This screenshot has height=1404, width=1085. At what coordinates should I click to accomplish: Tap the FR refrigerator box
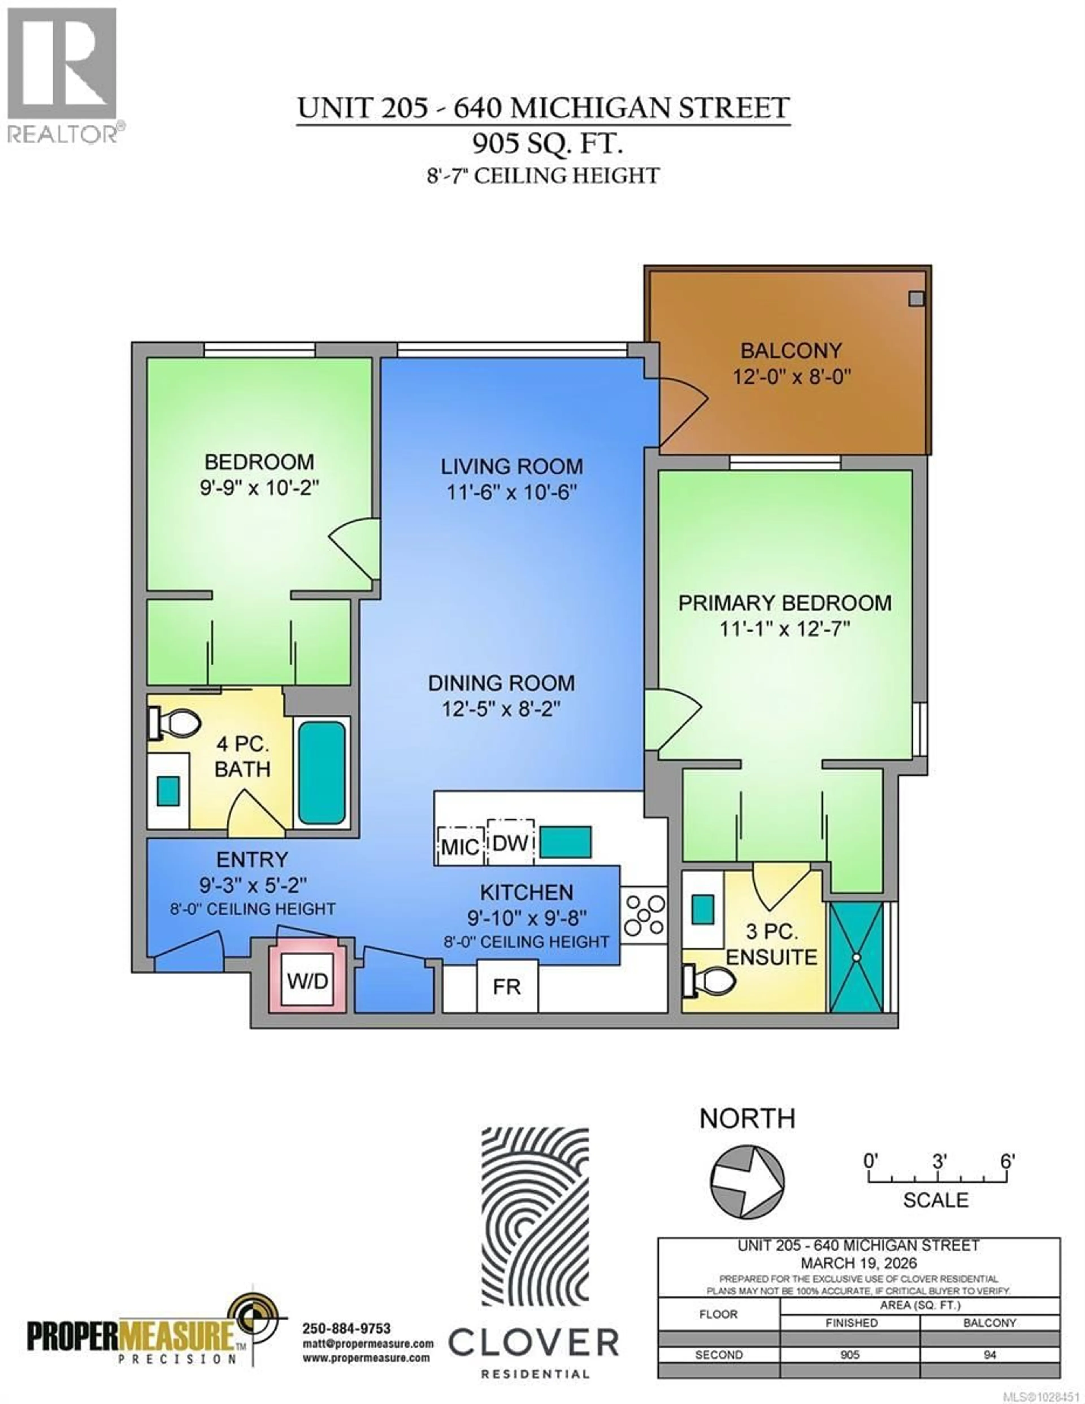coord(507,987)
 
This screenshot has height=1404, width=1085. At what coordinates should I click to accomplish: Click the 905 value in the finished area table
coord(850,1355)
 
